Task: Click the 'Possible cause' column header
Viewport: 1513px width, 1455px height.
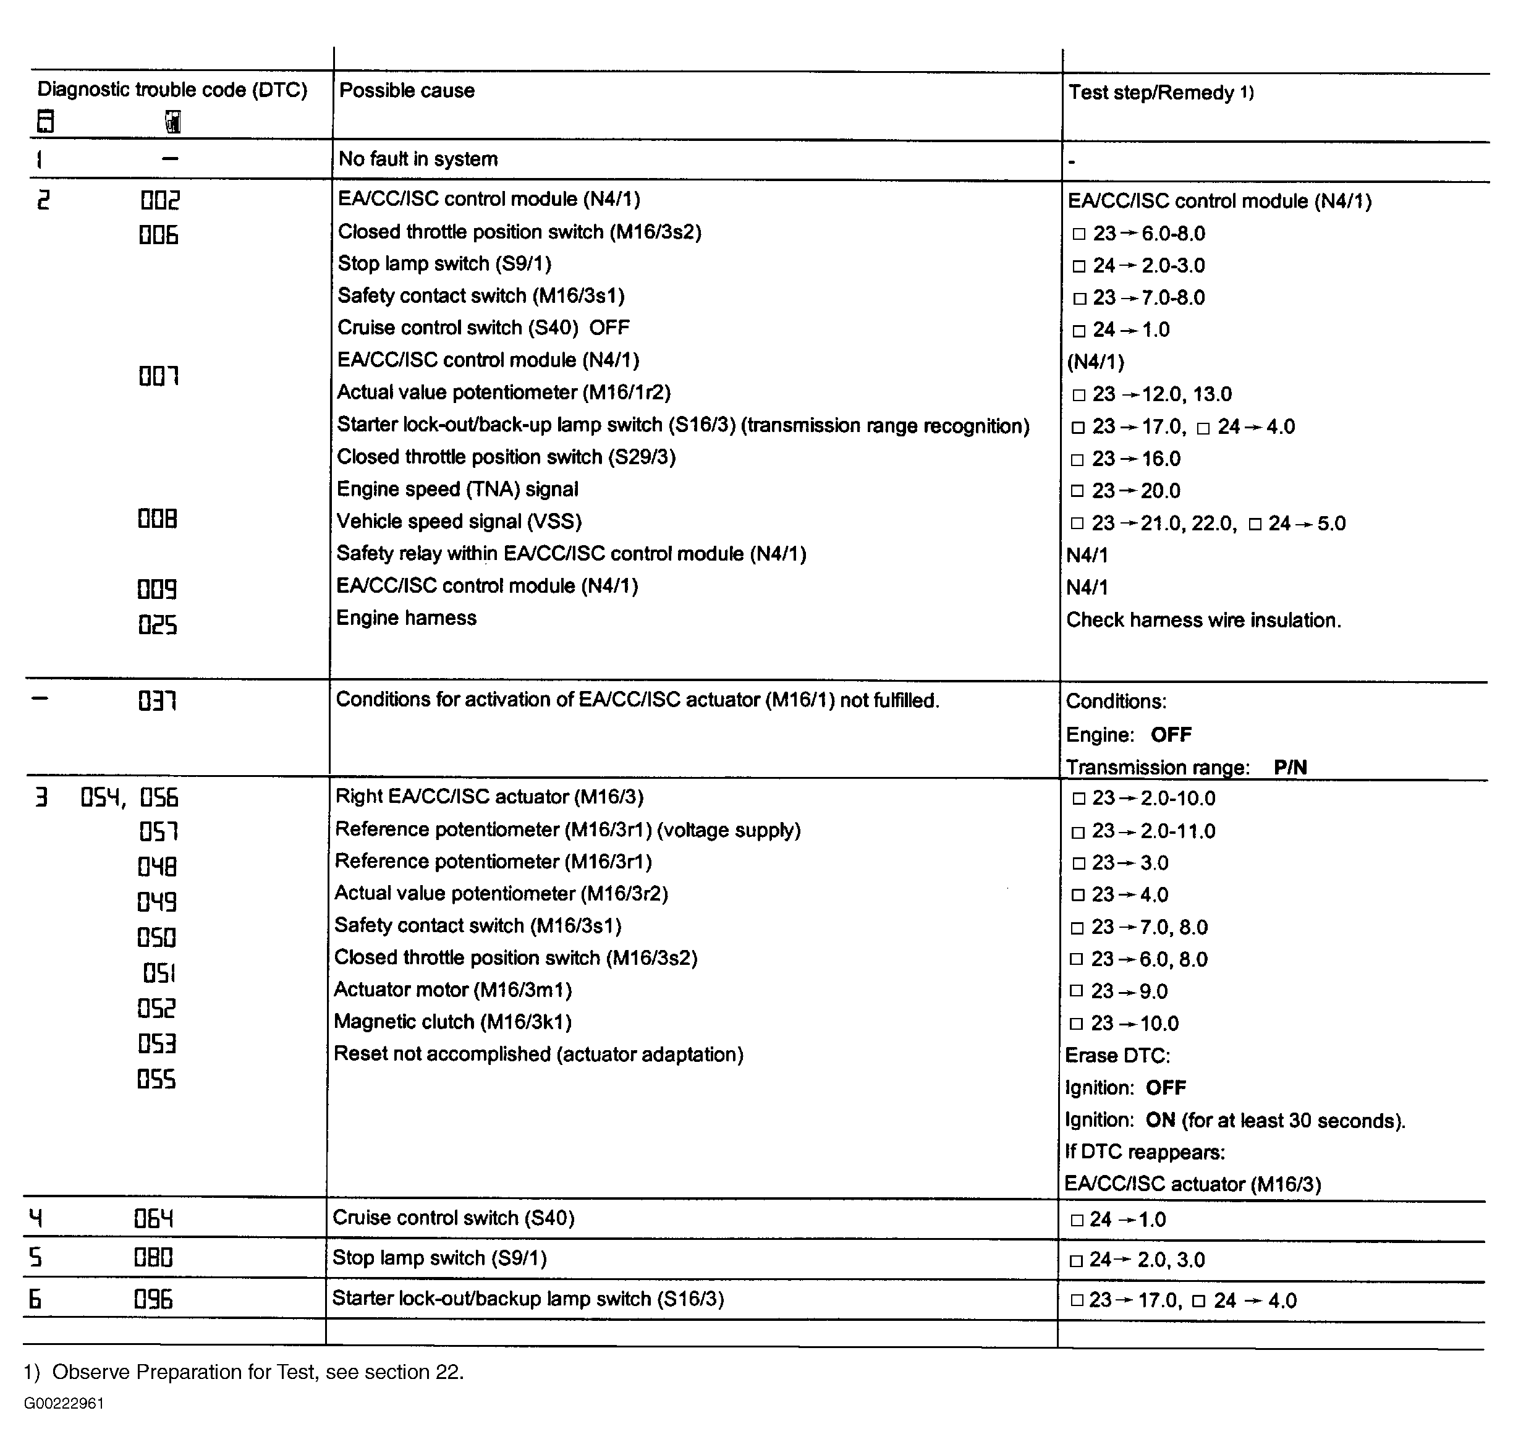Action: [x=407, y=90]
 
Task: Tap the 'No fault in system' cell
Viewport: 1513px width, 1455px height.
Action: [x=418, y=159]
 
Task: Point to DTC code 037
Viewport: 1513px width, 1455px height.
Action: [x=158, y=701]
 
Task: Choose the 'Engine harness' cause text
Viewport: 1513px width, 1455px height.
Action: [x=406, y=617]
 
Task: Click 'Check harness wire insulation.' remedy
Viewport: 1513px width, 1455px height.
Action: [x=1203, y=620]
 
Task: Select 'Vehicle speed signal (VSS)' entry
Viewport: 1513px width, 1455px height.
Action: [x=459, y=521]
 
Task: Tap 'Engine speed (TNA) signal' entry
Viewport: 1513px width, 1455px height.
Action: [x=457, y=490]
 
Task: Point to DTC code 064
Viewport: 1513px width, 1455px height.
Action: [x=154, y=1219]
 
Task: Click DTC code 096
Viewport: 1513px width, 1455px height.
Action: [x=154, y=1300]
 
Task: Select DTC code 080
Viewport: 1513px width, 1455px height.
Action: [x=154, y=1258]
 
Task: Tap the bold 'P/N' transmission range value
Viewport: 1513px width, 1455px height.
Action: [x=1290, y=767]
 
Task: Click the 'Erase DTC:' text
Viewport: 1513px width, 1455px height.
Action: [x=1117, y=1055]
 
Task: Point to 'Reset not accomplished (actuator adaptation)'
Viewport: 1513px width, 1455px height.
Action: [x=538, y=1054]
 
